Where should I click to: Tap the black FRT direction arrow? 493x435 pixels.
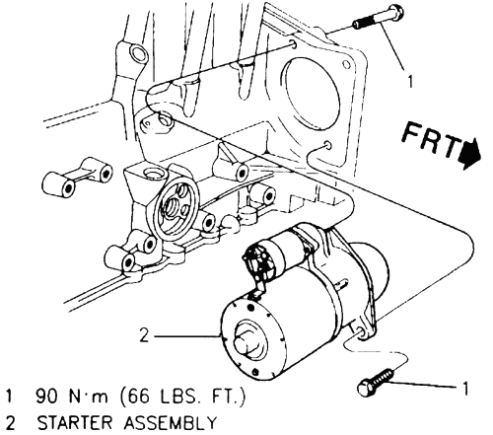[x=470, y=154]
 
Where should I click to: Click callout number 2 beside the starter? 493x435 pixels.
[x=144, y=335]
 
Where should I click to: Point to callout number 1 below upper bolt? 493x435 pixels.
[x=409, y=82]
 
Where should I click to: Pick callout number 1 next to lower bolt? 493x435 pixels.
[x=464, y=388]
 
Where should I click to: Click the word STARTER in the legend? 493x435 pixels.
[x=75, y=423]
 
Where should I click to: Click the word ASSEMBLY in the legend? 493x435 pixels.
[x=170, y=423]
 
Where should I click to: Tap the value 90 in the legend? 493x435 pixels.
[x=46, y=397]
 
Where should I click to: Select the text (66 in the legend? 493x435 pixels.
[x=133, y=397]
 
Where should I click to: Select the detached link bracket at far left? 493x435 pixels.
[x=78, y=180]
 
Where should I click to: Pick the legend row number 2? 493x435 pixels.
[x=10, y=423]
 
